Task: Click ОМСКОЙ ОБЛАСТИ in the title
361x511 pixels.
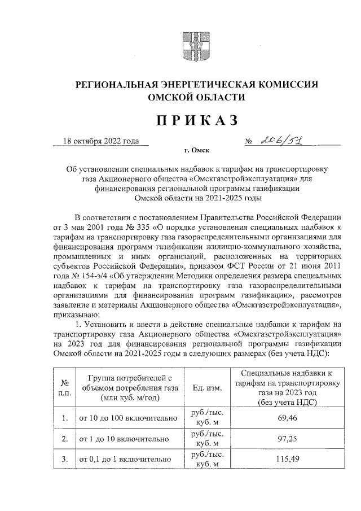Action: [196, 97]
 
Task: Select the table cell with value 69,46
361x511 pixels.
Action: [287, 418]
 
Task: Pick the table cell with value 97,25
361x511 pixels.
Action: [287, 439]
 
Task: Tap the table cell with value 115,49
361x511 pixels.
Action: [287, 459]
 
